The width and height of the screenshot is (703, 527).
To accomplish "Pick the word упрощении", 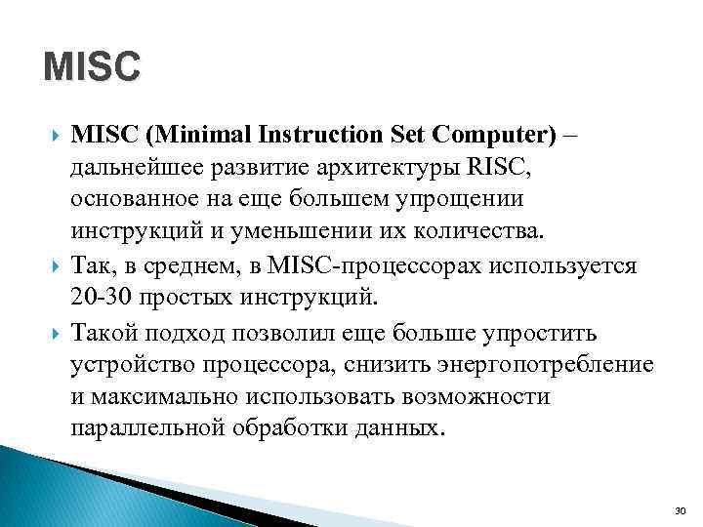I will [465, 199].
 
